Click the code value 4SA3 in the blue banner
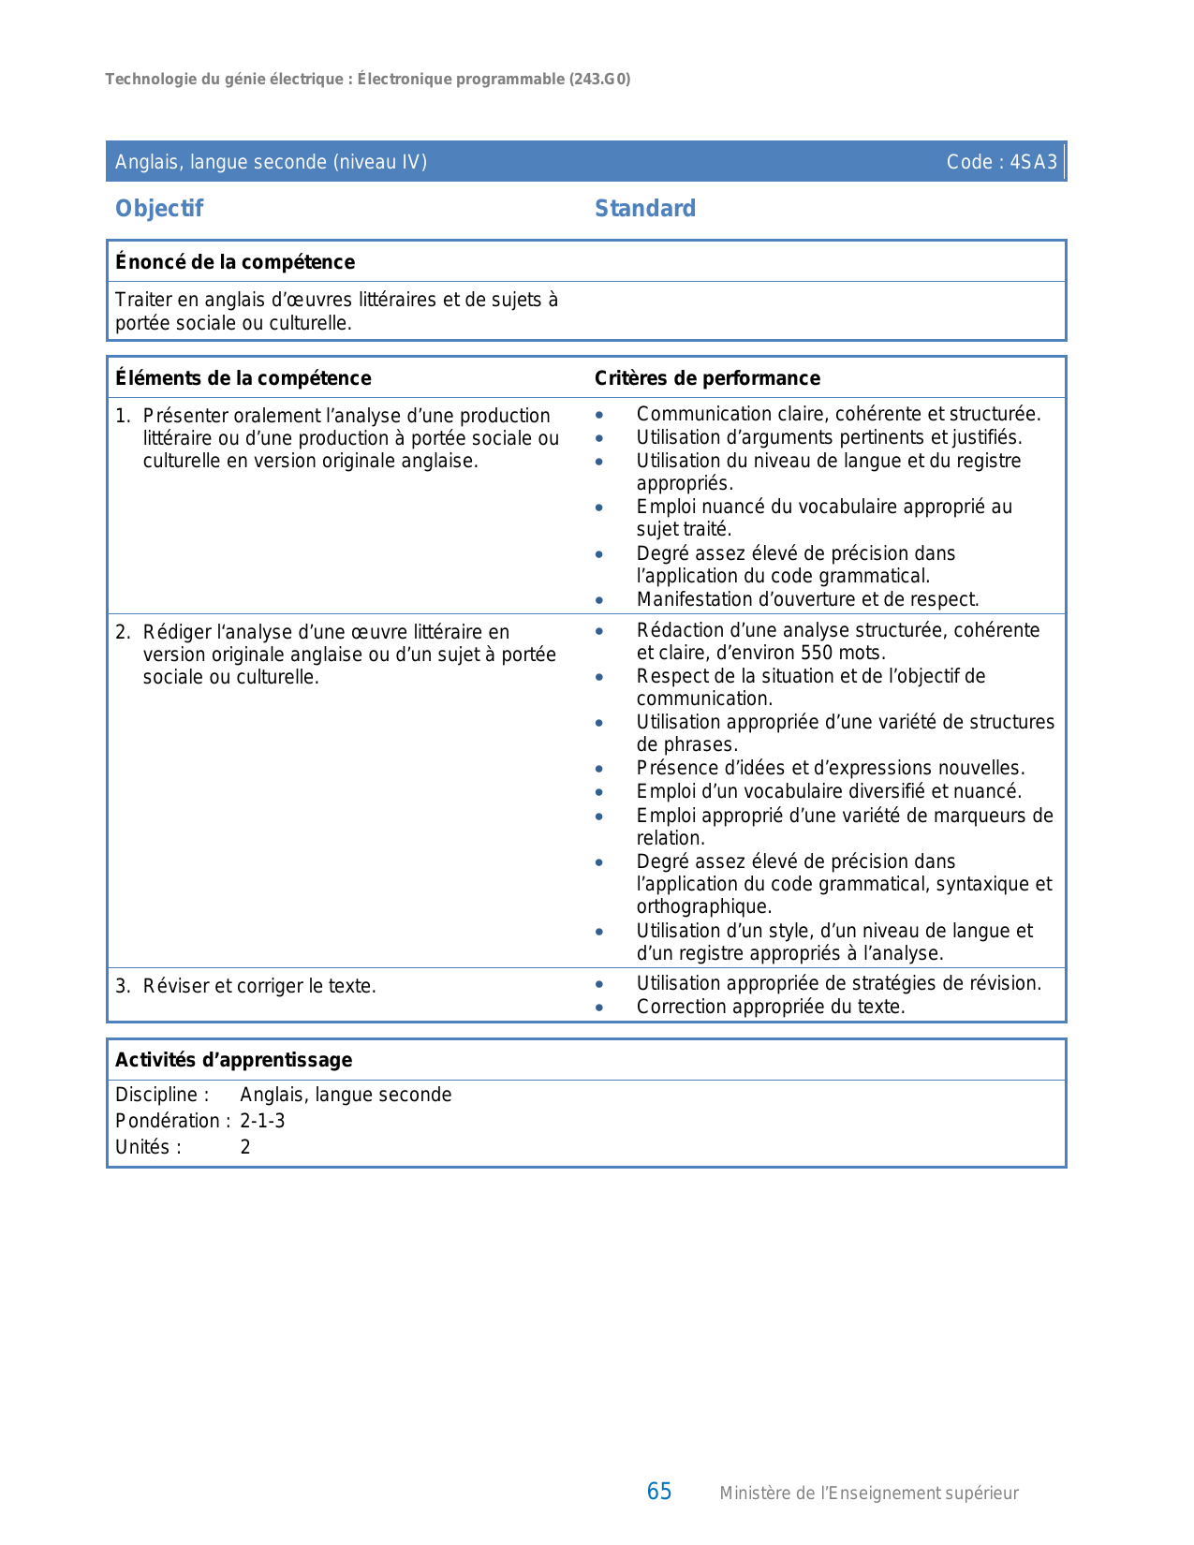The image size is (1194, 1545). coord(1034,162)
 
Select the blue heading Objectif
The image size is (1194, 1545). coord(159,209)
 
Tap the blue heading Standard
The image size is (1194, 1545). coord(645,209)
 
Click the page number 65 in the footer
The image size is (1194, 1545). coord(659,1492)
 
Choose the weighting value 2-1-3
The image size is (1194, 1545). coord(262,1121)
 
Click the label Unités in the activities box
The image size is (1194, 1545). coord(143,1147)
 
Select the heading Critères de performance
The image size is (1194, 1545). coord(707,378)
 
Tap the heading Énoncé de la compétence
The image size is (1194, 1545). coord(235,262)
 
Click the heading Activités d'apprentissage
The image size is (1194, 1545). coord(233,1060)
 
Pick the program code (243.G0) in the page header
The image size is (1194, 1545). coord(599,80)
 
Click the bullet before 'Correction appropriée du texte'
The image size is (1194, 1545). coord(599,1008)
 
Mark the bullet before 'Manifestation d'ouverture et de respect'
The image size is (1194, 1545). coord(599,600)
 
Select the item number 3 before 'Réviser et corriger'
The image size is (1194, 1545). coord(122,986)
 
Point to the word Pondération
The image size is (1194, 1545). coord(167,1121)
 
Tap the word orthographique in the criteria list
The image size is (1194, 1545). coord(702,906)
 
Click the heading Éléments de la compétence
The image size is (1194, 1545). coord(243,378)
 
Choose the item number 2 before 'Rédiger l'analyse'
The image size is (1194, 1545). coord(122,632)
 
